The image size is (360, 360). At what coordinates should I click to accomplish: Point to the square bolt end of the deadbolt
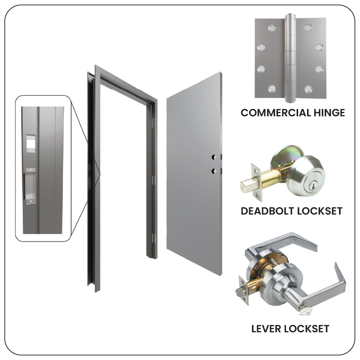(x=243, y=186)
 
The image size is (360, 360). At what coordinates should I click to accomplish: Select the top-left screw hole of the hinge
(x=271, y=28)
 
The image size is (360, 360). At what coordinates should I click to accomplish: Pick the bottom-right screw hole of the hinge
(x=308, y=89)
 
